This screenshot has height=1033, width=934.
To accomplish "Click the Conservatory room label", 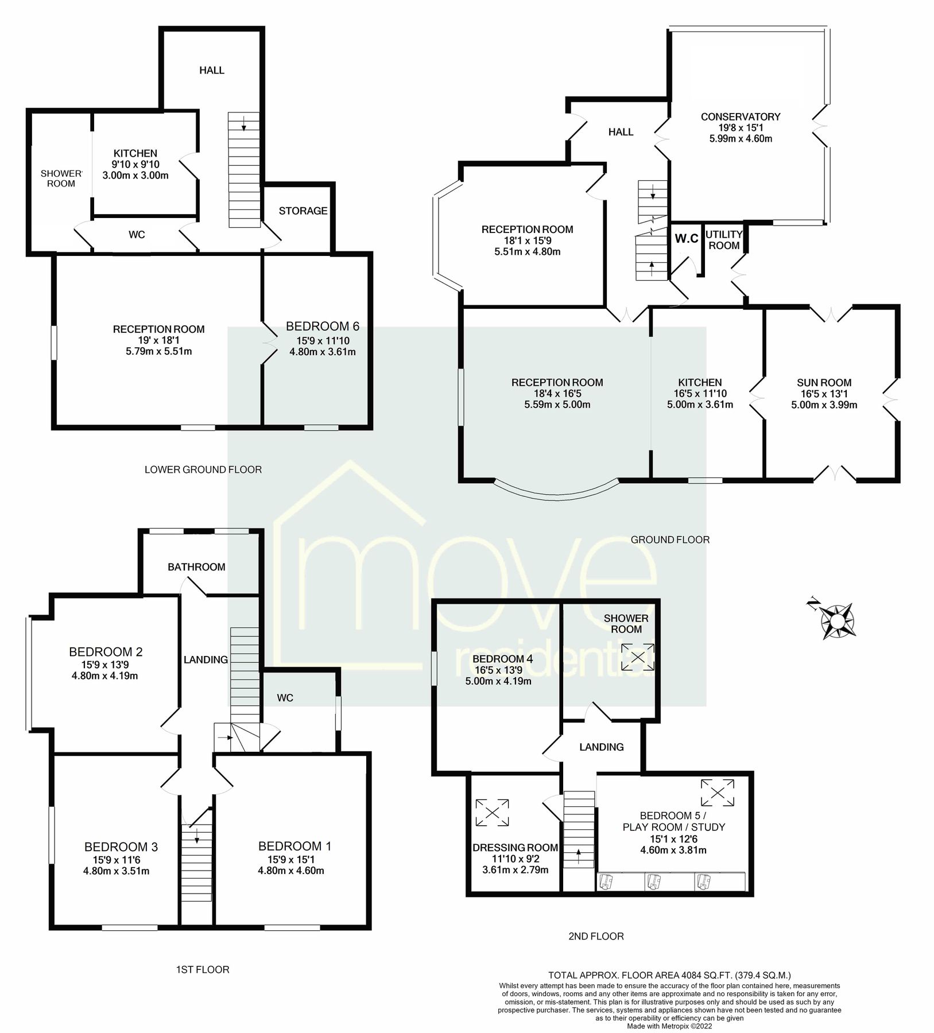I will coord(740,116).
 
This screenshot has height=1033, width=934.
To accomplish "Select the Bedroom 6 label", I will coord(322,327).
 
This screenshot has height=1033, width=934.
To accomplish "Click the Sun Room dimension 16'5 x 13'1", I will coord(824,394).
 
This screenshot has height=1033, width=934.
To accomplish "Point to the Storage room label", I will coord(303,211).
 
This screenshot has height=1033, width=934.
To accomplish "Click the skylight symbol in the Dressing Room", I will coord(492,813).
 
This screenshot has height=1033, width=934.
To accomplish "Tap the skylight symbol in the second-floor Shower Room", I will coord(637,657).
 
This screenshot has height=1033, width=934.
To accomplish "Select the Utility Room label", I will coord(723,240).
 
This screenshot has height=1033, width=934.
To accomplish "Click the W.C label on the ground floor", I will coord(686,238).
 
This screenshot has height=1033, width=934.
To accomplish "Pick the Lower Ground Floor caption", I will coord(203,469).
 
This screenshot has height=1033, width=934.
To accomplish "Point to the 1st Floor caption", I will coord(202,969).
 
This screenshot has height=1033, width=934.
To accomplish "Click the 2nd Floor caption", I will coord(595,936).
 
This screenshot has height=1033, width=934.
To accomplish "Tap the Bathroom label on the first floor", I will coord(196,567).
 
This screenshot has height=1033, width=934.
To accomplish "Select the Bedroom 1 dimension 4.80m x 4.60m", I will coord(290,871).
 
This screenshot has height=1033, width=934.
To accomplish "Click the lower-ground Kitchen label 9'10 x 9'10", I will coord(135,165).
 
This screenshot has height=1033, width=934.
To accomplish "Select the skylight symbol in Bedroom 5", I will coord(717,793).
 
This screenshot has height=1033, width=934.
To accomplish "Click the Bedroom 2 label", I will coord(106,652).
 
